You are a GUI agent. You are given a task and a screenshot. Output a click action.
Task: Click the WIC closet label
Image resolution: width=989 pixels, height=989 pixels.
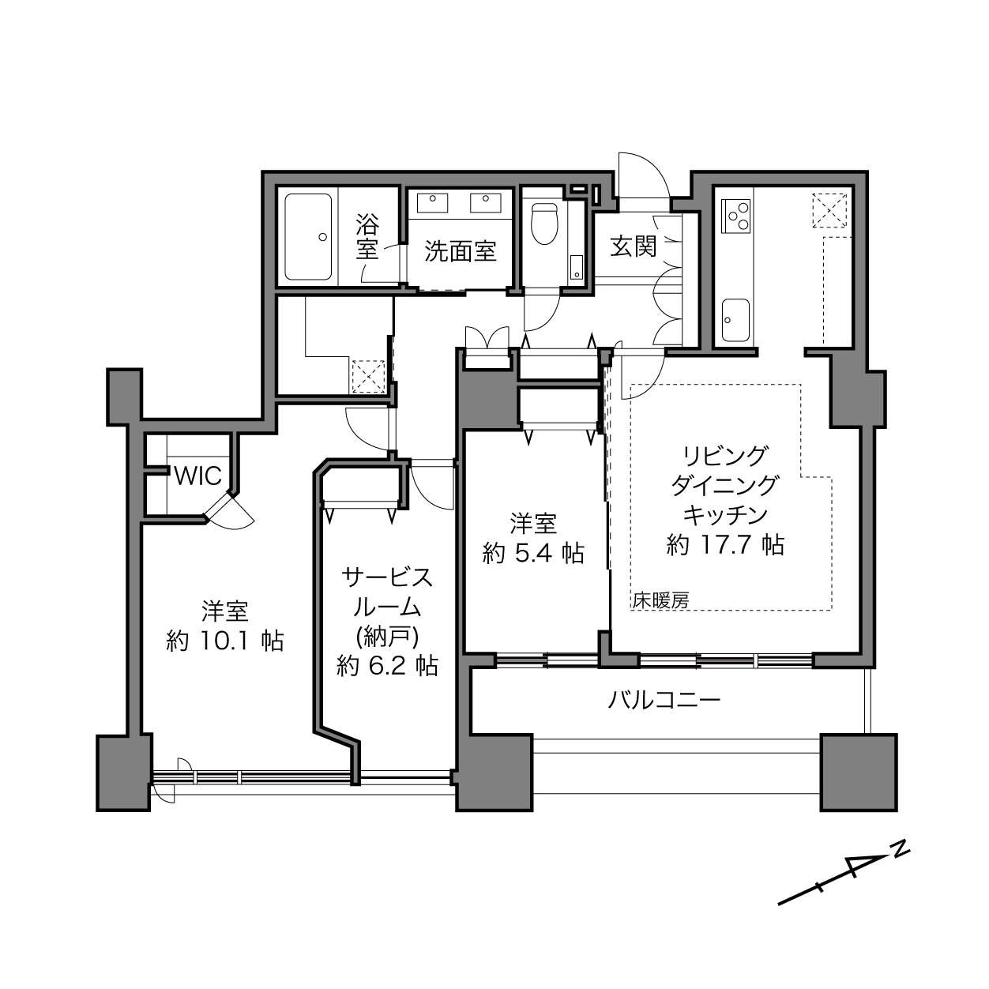(198, 476)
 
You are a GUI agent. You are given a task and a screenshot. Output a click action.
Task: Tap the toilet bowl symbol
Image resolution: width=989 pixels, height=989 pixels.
(544, 224)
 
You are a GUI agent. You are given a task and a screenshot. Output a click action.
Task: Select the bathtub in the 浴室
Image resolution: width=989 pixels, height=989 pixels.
(308, 237)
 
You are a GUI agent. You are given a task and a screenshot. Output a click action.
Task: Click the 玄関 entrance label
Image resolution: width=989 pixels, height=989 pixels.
(634, 247)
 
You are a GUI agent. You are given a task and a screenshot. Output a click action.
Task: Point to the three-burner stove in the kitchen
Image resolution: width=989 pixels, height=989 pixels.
(736, 214)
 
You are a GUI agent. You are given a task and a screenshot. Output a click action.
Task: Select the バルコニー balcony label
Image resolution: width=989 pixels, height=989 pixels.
(664, 700)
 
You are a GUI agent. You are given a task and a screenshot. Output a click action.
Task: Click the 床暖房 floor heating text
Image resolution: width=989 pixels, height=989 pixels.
(660, 600)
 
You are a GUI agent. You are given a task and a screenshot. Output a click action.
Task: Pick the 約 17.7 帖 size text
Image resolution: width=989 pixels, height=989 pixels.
(725, 544)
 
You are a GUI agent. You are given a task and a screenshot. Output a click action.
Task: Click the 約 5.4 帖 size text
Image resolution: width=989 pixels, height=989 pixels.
(533, 553)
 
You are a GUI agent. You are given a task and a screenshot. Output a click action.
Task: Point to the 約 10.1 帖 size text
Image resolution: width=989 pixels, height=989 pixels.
(225, 641)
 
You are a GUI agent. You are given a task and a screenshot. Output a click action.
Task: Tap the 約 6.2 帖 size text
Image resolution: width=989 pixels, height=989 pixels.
(388, 666)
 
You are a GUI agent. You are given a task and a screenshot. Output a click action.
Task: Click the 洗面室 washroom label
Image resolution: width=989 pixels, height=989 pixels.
(461, 251)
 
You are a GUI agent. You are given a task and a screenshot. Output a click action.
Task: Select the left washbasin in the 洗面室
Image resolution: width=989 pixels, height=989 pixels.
(432, 202)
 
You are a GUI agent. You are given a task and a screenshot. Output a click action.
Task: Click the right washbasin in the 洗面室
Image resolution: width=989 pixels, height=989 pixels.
(485, 202)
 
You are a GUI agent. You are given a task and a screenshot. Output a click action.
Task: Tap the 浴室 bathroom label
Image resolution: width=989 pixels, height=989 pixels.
(367, 237)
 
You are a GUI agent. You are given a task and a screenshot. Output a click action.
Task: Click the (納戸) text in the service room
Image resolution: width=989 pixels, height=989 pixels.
(388, 637)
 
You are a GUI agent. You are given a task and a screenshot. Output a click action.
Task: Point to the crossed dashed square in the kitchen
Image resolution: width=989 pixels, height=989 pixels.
(829, 209)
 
